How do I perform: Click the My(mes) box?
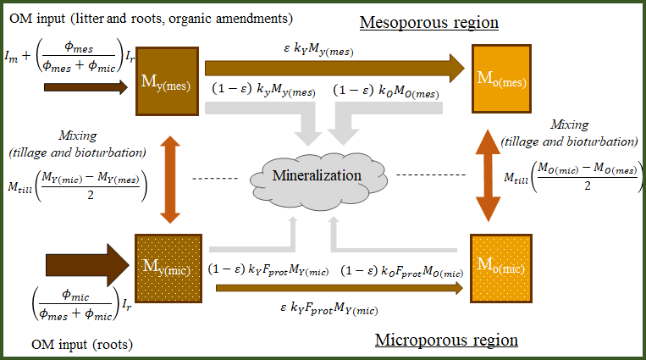click(169, 84)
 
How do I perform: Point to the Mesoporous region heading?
click(428, 21)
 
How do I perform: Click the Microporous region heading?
click(445, 340)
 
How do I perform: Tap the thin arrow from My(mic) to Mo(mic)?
click(338, 288)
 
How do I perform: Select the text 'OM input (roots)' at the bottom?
click(82, 344)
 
